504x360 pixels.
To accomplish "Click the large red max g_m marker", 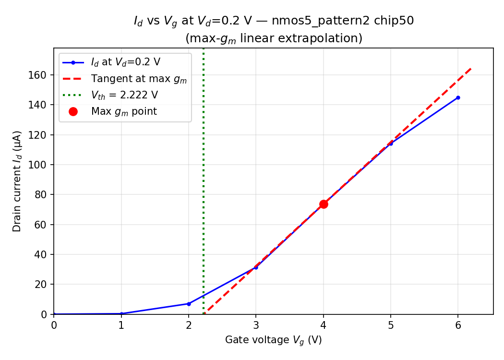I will (x=324, y=204).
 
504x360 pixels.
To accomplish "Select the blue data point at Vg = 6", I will (x=458, y=97).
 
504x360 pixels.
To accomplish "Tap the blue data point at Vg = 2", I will (x=189, y=304).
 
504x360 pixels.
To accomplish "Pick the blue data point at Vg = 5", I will (x=391, y=144).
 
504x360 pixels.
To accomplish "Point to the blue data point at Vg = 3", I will (x=256, y=267).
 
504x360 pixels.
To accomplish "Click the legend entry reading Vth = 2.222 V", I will (x=124, y=95).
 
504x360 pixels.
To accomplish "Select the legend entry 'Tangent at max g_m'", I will (x=139, y=79).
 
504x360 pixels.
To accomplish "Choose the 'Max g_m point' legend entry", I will (x=124, y=111).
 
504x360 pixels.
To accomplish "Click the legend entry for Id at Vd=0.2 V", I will (x=125, y=62).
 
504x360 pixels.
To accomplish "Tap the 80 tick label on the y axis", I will (x=41, y=195).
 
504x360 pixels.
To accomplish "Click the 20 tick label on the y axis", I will (x=41, y=285).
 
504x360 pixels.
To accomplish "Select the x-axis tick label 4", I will (x=324, y=325).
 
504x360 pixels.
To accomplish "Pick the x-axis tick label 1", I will (x=121, y=325).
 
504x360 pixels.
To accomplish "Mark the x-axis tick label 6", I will (x=458, y=325).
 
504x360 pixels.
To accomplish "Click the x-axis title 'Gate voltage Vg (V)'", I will (x=273, y=340).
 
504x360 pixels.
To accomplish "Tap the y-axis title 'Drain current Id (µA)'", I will (x=17, y=181).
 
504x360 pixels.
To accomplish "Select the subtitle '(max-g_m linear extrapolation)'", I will (x=274, y=38).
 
